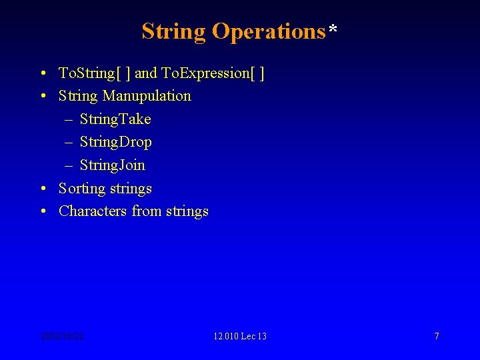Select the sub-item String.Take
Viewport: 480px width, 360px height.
tap(115, 119)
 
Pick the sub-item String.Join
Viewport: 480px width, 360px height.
tap(113, 165)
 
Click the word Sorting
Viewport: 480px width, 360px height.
tap(82, 189)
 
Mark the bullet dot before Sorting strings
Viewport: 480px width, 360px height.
tap(43, 189)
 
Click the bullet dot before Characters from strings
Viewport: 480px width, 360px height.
tap(43, 211)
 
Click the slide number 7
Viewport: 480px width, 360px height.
tap(437, 336)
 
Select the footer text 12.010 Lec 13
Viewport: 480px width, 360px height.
tap(240, 336)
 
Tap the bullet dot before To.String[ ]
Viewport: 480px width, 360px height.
tap(43, 73)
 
